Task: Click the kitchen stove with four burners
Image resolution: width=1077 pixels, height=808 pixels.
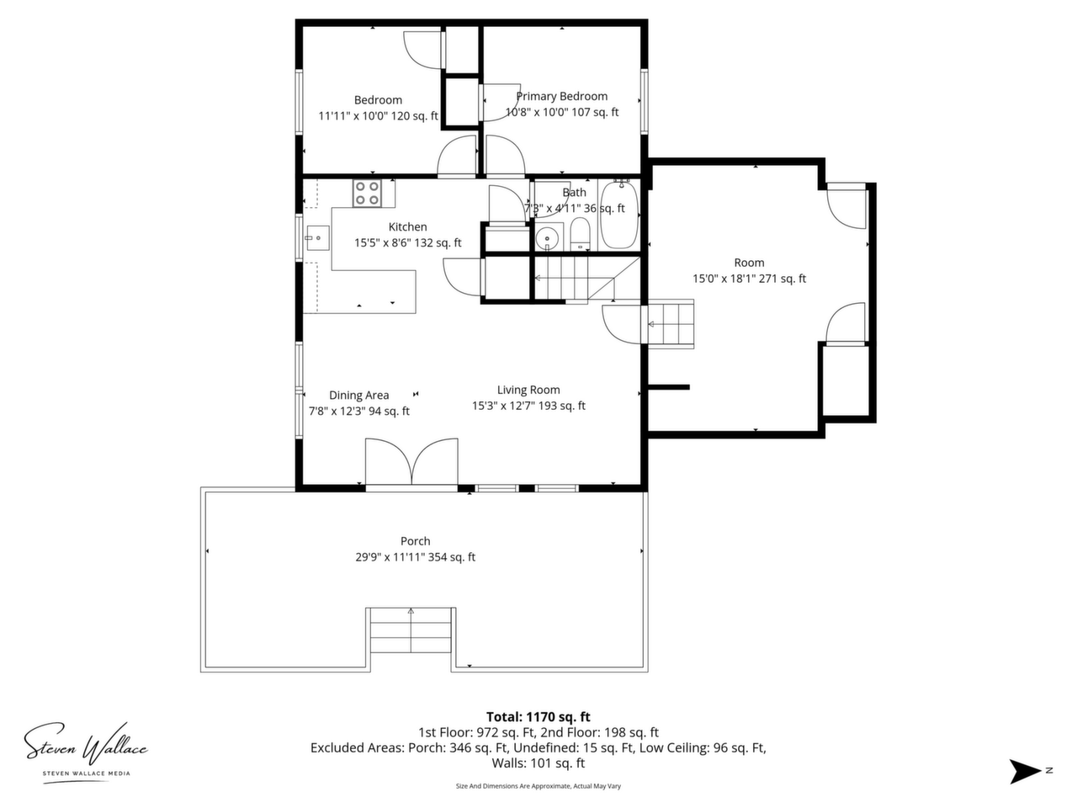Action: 367,194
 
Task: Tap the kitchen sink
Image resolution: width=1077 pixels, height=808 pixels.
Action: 318,238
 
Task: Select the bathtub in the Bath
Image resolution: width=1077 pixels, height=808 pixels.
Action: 619,215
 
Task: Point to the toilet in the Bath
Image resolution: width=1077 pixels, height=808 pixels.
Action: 580,234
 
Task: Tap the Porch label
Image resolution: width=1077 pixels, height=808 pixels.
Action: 415,540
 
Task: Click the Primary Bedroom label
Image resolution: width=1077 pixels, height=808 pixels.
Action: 562,96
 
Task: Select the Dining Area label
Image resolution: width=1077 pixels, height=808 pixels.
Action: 358,395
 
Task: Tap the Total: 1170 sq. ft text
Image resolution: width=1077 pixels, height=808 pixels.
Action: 538,717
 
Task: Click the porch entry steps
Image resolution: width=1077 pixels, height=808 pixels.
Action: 411,630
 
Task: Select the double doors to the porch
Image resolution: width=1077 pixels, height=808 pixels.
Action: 411,461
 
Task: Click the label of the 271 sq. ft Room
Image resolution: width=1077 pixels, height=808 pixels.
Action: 749,263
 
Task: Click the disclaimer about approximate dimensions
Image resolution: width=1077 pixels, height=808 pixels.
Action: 538,786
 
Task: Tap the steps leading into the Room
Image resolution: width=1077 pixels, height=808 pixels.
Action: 671,324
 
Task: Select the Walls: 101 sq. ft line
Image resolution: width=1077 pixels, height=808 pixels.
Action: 538,763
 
